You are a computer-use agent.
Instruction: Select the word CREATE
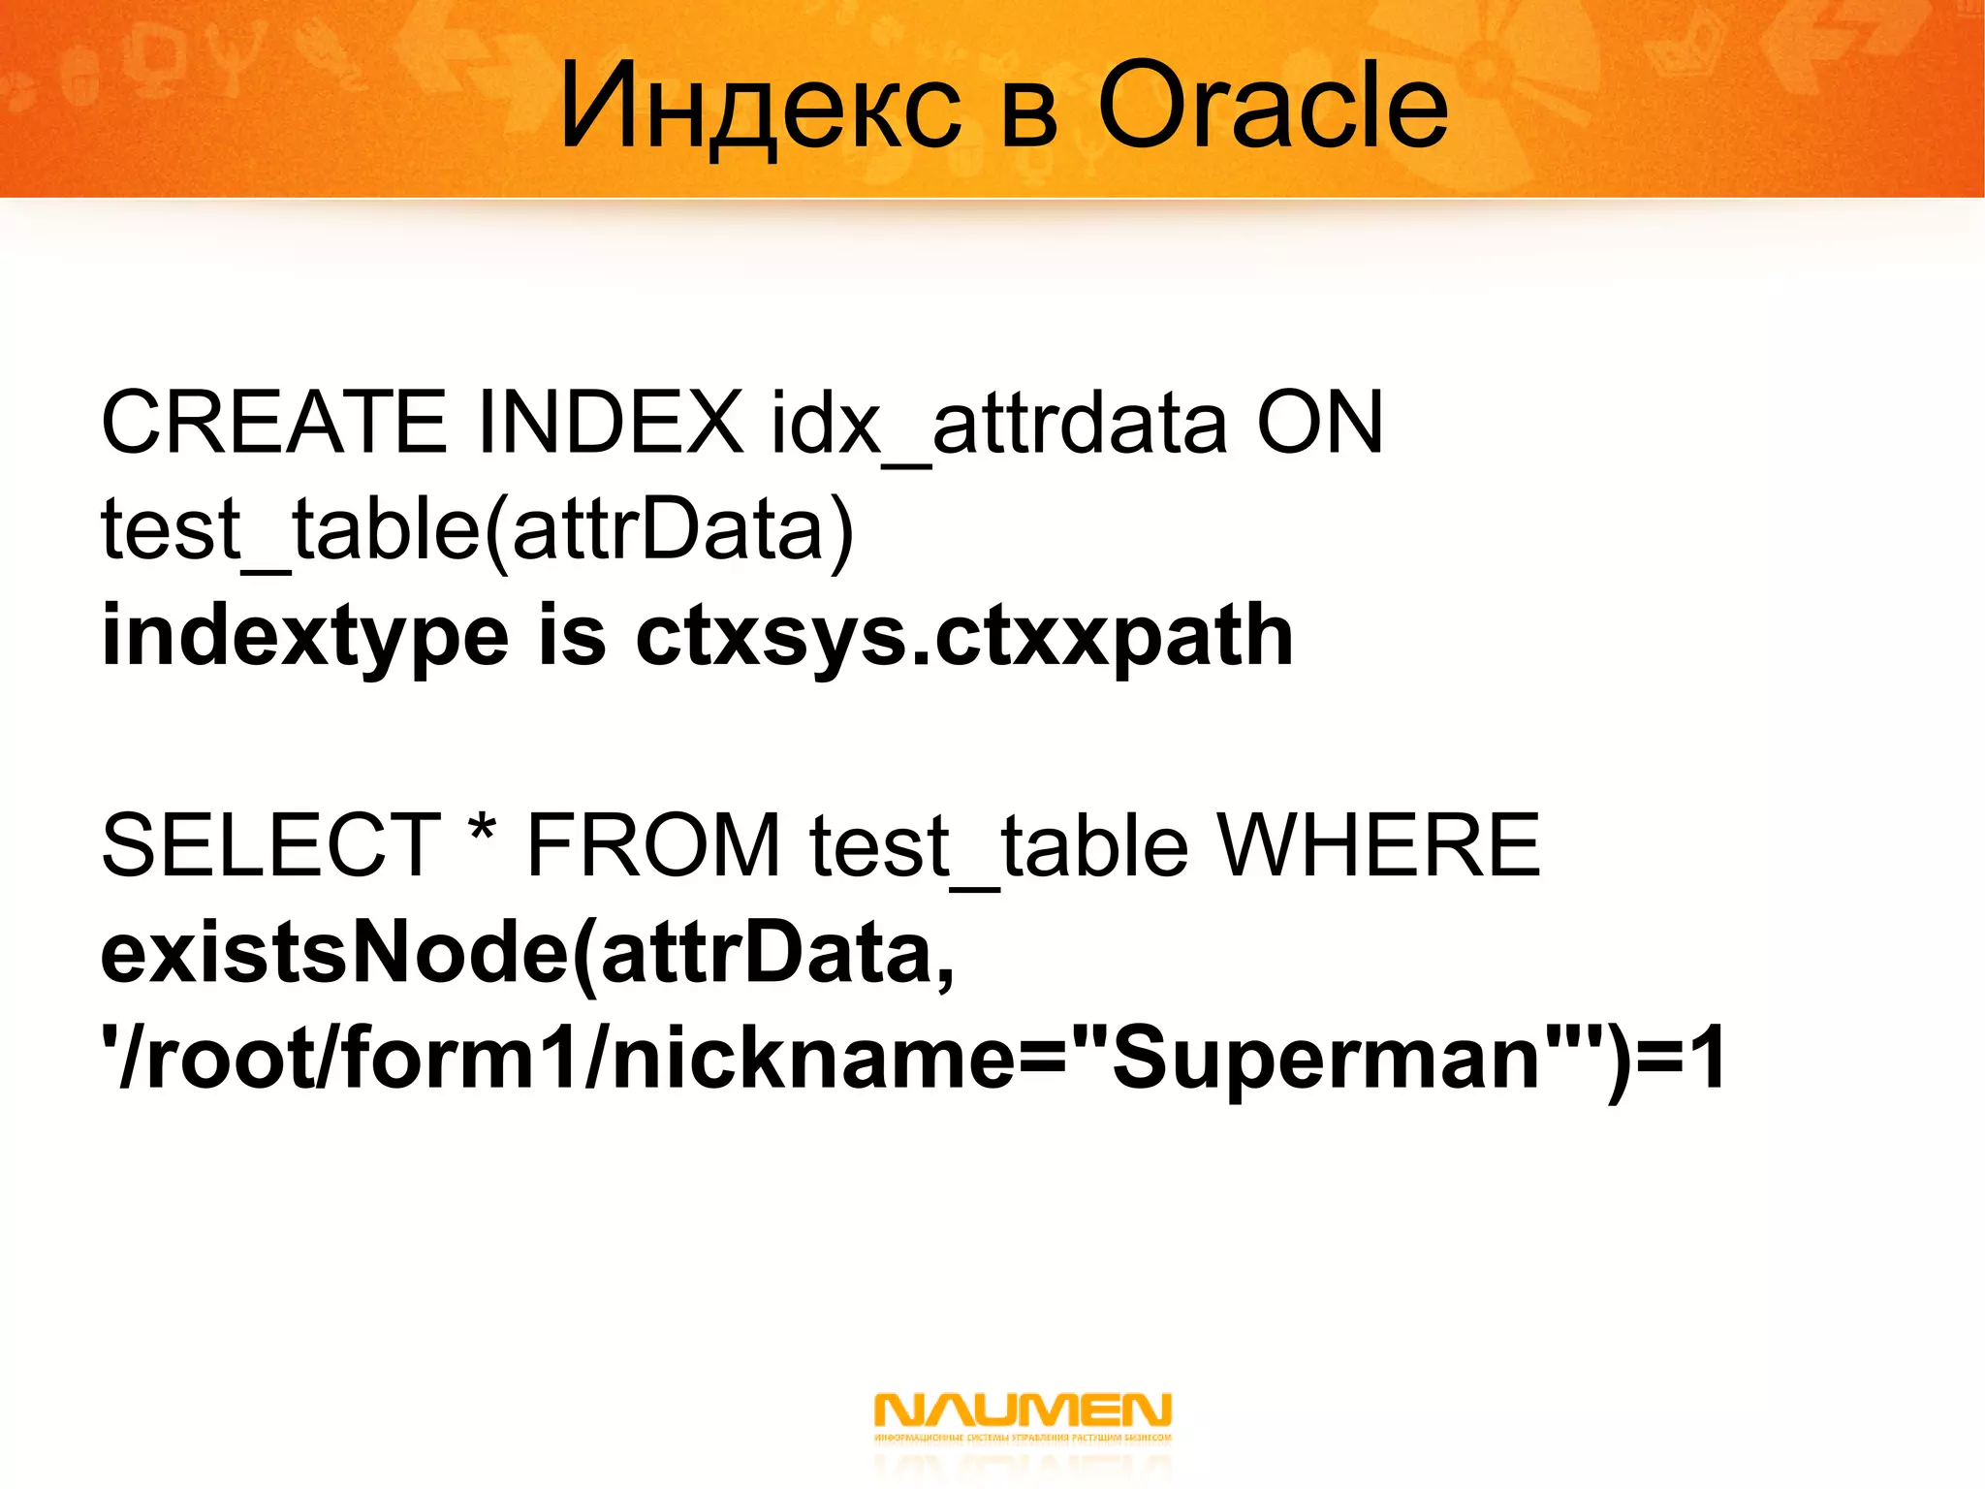pyautogui.click(x=273, y=423)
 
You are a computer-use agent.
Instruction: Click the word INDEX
pyautogui.click(x=611, y=423)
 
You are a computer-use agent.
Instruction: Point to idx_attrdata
pyautogui.click(x=998, y=425)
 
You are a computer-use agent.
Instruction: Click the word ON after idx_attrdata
pyautogui.click(x=1320, y=423)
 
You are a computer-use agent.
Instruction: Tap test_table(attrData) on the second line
pyautogui.click(x=477, y=529)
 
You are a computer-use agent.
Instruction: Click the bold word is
pyautogui.click(x=572, y=636)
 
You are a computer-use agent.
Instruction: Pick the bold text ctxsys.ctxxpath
pyautogui.click(x=964, y=638)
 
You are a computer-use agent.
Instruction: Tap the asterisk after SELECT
pyautogui.click(x=482, y=832)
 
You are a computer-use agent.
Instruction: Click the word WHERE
pyautogui.click(x=1378, y=846)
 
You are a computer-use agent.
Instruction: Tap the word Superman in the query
pyautogui.click(x=1328, y=1059)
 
